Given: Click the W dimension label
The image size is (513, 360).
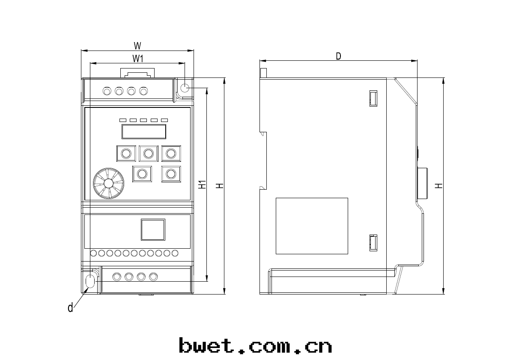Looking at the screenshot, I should [x=137, y=45].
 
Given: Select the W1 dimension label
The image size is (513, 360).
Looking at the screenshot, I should [x=137, y=58].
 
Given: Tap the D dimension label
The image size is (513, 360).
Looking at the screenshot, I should [x=338, y=56].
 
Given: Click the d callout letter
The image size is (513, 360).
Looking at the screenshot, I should [x=70, y=307].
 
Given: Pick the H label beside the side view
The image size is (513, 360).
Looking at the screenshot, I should [x=438, y=186].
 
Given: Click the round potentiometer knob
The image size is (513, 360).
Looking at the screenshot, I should [x=108, y=183].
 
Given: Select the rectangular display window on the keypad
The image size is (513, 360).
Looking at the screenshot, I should [x=144, y=131].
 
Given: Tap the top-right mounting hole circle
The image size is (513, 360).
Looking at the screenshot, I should [x=185, y=88].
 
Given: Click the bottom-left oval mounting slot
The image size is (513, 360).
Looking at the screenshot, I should [x=90, y=281].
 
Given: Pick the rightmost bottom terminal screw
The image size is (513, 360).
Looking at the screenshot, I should [x=153, y=277].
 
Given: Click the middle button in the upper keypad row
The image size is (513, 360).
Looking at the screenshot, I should [x=149, y=153].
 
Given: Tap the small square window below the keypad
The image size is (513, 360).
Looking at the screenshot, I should [x=153, y=229].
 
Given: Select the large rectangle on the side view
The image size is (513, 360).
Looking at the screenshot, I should [x=312, y=226].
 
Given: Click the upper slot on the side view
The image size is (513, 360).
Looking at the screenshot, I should [x=373, y=98].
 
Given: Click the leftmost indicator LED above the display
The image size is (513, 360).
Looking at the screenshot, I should [x=123, y=120].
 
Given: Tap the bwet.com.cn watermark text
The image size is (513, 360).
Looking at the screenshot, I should [x=256, y=345].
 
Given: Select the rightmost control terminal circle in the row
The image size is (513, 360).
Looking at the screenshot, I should [x=175, y=253].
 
